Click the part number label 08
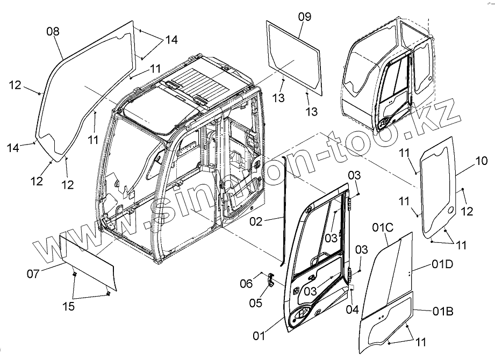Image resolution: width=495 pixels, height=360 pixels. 53,32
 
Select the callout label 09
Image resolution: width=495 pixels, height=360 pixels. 304,17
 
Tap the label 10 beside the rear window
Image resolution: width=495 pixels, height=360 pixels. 482,161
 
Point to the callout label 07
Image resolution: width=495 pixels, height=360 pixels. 33,274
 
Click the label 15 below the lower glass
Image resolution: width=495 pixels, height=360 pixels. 68,307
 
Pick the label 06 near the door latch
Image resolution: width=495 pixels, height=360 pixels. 246,284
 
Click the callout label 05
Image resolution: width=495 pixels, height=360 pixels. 256,303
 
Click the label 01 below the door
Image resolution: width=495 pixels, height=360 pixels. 260,336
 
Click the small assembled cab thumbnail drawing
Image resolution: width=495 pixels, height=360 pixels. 387,75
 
